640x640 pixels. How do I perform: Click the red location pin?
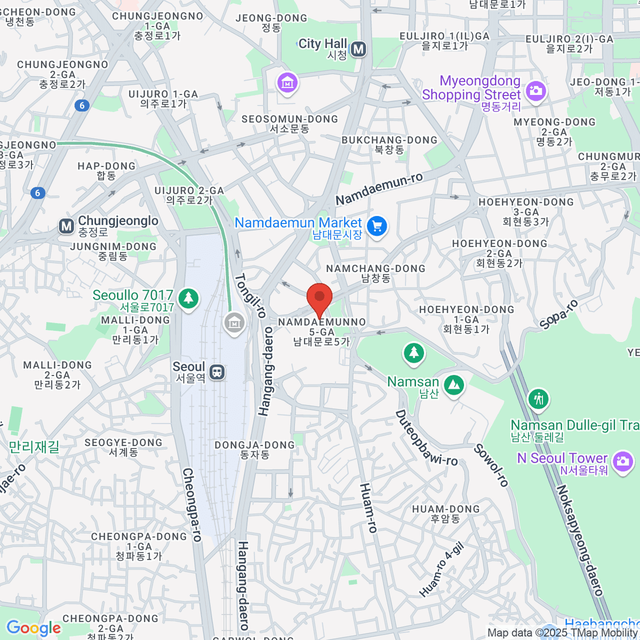click(319, 298)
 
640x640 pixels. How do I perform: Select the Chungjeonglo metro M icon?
click(67, 226)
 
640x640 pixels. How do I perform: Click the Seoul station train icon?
click(217, 372)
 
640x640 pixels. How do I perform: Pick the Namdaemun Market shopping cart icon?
click(377, 227)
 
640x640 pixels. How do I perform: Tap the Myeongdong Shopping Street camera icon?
click(535, 91)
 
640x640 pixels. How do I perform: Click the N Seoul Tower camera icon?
click(622, 460)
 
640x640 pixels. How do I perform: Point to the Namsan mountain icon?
click(453, 385)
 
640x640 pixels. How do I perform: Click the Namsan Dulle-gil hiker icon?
click(538, 398)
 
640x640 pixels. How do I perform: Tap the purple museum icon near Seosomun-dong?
click(287, 83)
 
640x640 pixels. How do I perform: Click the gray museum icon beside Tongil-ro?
click(234, 323)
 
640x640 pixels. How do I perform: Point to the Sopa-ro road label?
click(558, 315)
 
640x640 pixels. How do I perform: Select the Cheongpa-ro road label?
click(192, 505)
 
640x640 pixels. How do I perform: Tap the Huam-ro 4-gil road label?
click(442, 569)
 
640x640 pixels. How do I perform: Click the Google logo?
click(34, 628)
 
